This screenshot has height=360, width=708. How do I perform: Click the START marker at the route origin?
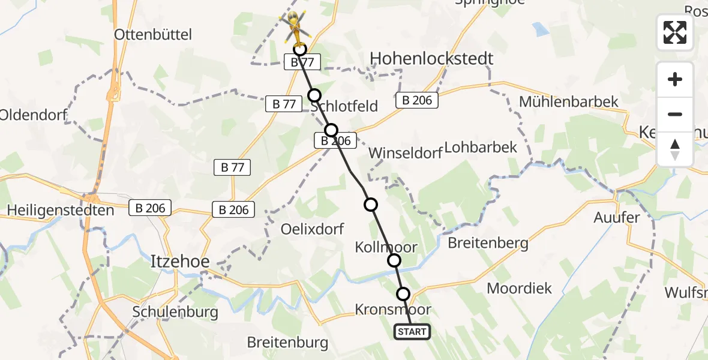point(412,332)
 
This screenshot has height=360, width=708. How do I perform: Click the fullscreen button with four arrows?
point(675,32)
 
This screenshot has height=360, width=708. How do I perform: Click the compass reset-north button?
point(675,149)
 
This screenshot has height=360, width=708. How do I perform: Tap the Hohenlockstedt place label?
point(432,58)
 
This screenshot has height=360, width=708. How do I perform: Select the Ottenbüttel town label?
point(153,35)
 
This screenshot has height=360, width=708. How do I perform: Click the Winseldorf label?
point(405,152)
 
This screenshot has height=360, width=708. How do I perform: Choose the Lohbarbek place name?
point(481,148)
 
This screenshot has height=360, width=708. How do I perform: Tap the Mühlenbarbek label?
point(568,102)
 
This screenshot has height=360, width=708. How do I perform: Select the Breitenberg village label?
point(488,243)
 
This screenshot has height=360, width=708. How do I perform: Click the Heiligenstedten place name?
point(61,211)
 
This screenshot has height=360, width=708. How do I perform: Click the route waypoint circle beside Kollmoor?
point(394,260)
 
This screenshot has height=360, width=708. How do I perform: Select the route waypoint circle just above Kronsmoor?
point(403,294)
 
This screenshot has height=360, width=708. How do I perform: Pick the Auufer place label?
point(616,218)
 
